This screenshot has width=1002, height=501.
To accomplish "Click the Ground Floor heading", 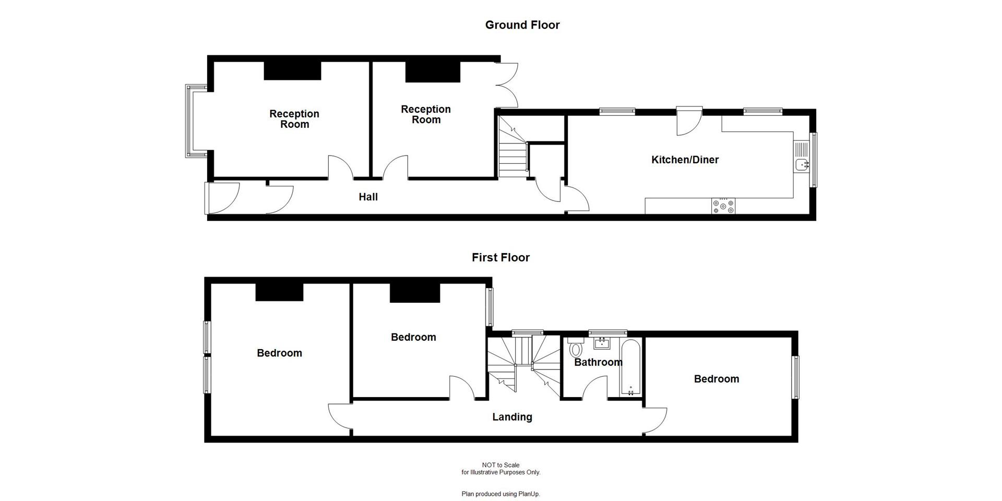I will coord(522,25).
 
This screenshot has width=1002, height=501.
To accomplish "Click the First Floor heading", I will coord(500,257).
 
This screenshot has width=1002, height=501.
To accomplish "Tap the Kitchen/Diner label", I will coord(685,160).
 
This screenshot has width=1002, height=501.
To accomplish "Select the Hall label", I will coord(368,197).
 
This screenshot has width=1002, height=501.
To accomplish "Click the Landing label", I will coord(512,416).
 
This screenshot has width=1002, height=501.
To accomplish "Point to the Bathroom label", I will coord(598,362).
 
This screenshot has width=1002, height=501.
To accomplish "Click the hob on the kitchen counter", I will coord(723,206).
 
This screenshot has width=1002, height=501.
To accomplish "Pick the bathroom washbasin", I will coord(603,343).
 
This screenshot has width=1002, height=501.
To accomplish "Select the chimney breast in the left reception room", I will coord(292,70).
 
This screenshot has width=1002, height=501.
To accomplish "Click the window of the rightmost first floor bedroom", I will coord(795,377).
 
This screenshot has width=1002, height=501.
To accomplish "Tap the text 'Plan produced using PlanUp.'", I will coord(500,494).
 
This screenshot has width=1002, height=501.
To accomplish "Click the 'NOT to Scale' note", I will coord(500,465).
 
